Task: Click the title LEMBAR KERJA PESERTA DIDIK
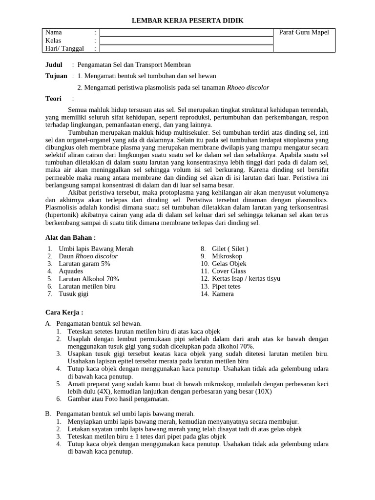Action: click(x=187, y=20)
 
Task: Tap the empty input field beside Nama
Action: click(x=186, y=32)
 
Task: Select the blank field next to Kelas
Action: click(x=186, y=41)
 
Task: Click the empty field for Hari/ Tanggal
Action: click(x=186, y=48)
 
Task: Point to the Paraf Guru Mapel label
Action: click(x=304, y=32)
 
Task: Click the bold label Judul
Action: click(x=54, y=64)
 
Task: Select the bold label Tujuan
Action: click(x=56, y=76)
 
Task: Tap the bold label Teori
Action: click(x=53, y=99)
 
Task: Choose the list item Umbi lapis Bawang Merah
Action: click(x=96, y=249)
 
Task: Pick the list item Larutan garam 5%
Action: click(x=84, y=264)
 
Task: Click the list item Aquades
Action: click(x=71, y=271)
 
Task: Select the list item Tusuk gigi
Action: click(x=74, y=294)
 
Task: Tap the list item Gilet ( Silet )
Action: click(x=230, y=249)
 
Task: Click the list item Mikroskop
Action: click(x=227, y=256)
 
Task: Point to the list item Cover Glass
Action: click(x=229, y=271)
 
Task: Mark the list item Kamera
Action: click(x=223, y=294)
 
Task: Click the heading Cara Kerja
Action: click(x=64, y=312)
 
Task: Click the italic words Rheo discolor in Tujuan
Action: click(x=248, y=87)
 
